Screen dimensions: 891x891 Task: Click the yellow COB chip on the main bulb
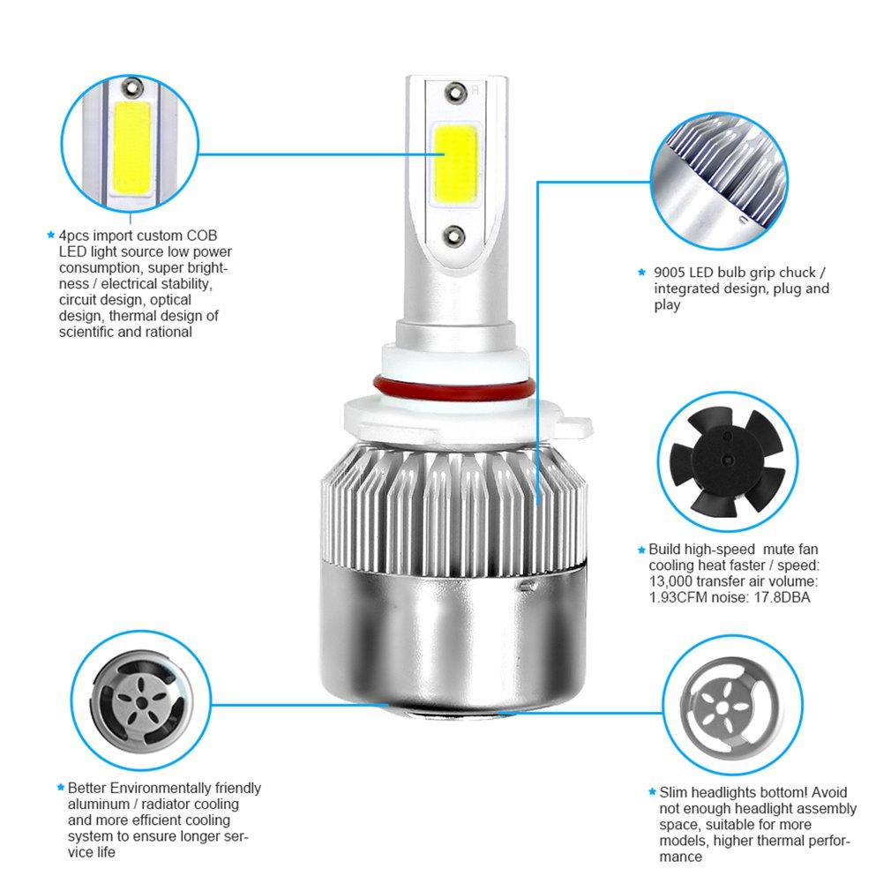(454, 161)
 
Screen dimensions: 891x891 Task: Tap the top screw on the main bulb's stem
(455, 90)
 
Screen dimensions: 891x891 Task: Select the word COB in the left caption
(200, 236)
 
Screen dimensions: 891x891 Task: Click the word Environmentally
(158, 788)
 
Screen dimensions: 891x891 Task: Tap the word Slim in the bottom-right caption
(675, 792)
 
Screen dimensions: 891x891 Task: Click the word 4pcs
(75, 236)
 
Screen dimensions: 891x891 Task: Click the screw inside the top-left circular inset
(133, 86)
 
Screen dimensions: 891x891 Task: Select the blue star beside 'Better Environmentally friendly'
(60, 787)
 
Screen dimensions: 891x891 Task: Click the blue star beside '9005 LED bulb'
(642, 273)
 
